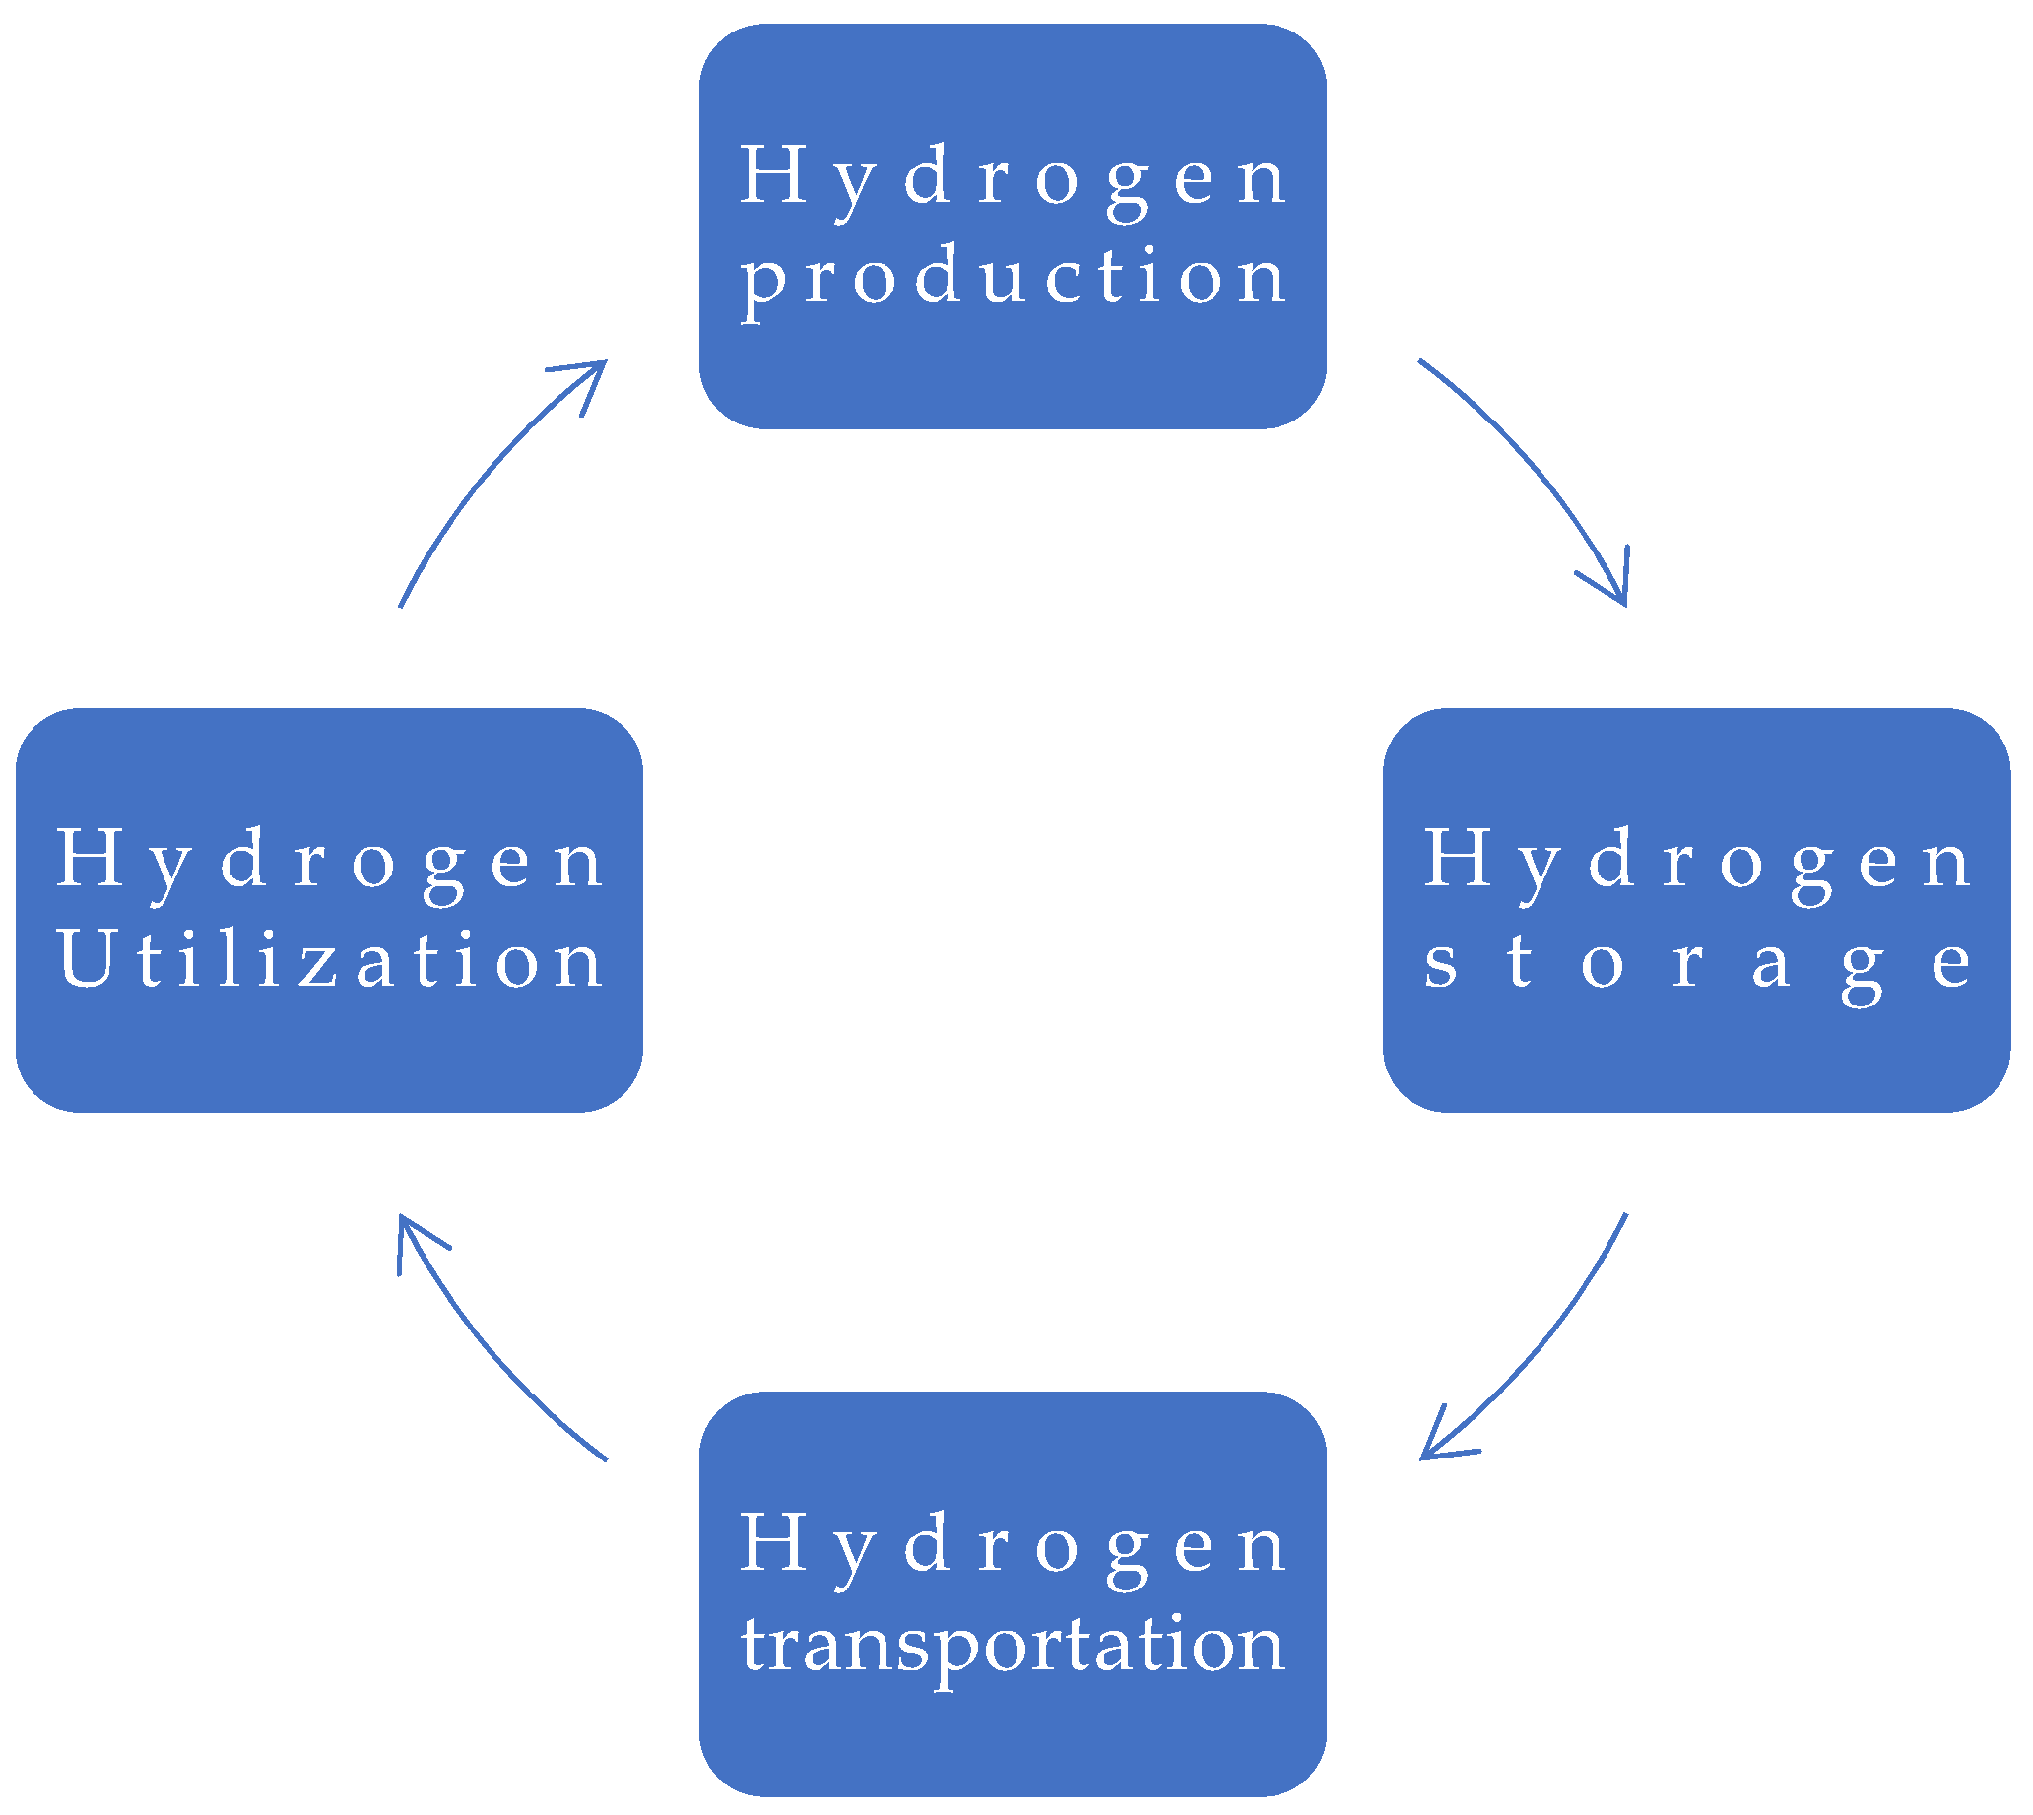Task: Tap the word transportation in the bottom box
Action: point(1014,1645)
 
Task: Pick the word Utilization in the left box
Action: point(330,959)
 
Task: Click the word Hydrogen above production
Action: point(1014,177)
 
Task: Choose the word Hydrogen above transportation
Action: point(1014,1544)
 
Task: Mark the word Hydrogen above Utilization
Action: point(330,861)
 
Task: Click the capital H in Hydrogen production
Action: point(772,174)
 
